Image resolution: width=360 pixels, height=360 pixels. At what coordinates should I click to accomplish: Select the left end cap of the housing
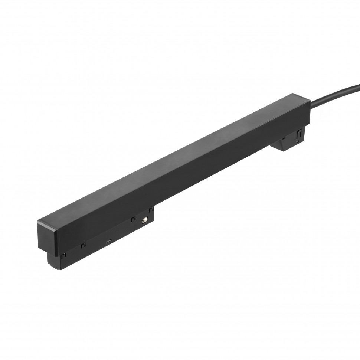(48, 238)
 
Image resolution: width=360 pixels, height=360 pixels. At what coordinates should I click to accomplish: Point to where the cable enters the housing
(311, 105)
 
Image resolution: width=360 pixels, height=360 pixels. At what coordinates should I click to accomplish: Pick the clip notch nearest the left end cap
(63, 255)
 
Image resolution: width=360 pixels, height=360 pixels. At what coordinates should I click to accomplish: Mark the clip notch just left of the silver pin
(133, 219)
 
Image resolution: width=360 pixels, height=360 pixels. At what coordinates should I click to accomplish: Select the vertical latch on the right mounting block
(298, 135)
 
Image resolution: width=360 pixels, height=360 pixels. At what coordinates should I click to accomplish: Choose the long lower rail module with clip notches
(108, 238)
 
